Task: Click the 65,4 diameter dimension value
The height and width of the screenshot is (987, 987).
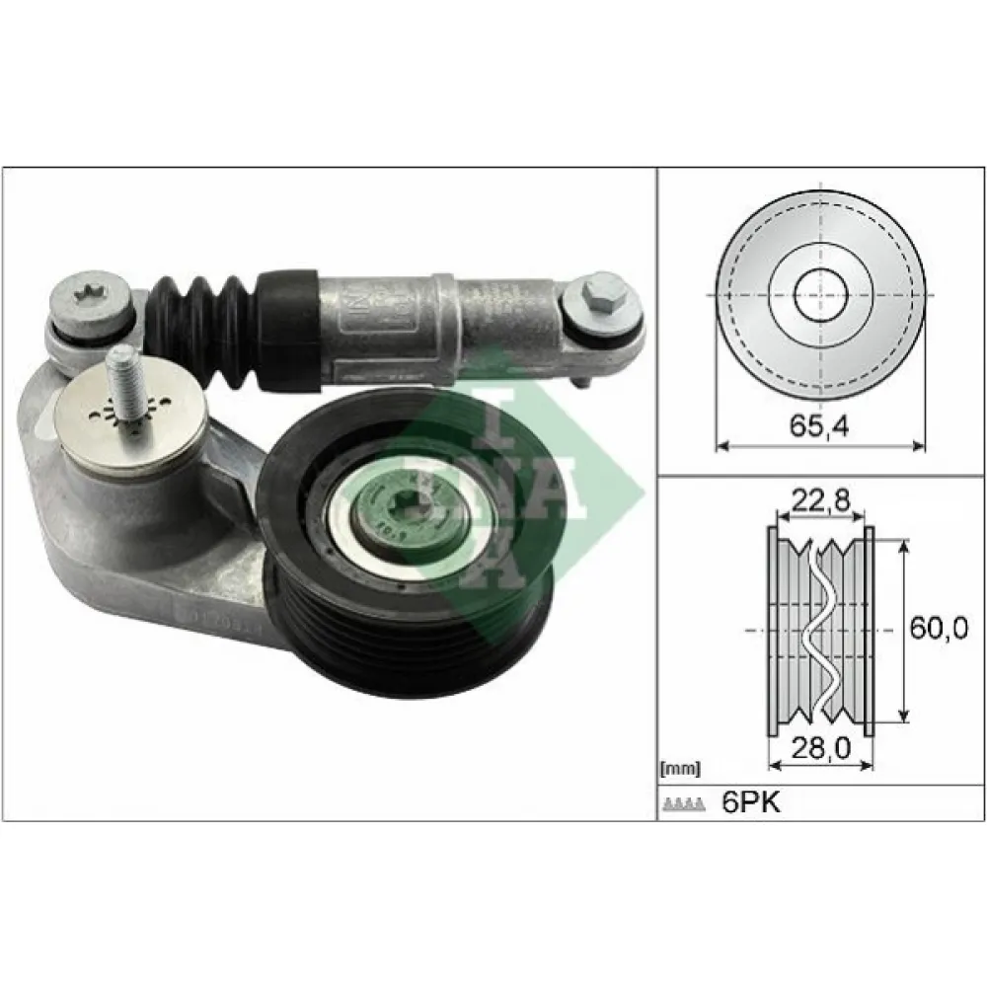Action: click(819, 427)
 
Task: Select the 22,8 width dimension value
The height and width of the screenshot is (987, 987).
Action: click(820, 501)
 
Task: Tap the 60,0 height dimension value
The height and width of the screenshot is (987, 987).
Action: click(938, 627)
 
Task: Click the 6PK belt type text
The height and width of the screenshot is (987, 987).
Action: click(751, 802)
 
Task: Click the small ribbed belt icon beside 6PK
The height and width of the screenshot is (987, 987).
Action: click(684, 804)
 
